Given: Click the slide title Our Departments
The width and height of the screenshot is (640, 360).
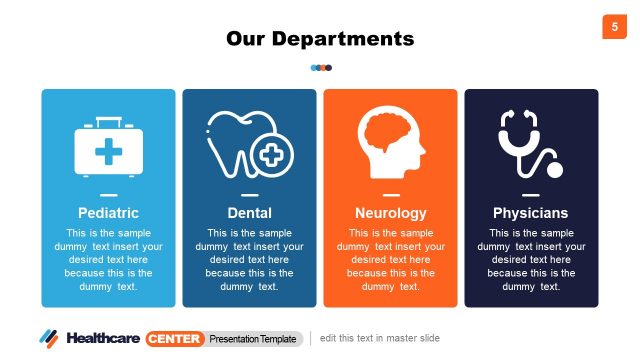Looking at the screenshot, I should pyautogui.click(x=320, y=39).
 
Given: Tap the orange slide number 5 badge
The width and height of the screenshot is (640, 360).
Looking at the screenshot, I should pyautogui.click(x=614, y=27).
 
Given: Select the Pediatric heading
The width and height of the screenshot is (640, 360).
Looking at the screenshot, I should pyautogui.click(x=108, y=213).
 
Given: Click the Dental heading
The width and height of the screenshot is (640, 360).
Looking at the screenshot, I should pyautogui.click(x=250, y=213).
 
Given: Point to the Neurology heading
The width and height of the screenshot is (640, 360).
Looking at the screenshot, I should pyautogui.click(x=390, y=213).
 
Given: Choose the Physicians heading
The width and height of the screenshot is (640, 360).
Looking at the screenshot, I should pyautogui.click(x=530, y=213).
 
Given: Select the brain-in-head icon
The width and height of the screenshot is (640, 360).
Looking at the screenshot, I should pyautogui.click(x=390, y=144).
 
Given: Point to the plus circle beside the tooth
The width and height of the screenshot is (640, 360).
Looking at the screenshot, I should pyautogui.click(x=272, y=156).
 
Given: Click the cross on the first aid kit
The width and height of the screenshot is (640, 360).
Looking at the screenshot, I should pyautogui.click(x=109, y=152).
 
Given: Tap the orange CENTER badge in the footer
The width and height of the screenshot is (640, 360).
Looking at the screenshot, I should pyautogui.click(x=174, y=338).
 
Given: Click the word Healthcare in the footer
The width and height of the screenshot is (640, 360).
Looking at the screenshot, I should pyautogui.click(x=103, y=338).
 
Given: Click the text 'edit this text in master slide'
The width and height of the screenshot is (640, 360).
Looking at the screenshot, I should pyautogui.click(x=380, y=338).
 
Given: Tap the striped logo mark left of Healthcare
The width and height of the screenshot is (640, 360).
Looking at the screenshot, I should pyautogui.click(x=49, y=338).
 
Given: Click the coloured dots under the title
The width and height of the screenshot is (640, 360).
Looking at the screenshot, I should pyautogui.click(x=321, y=68).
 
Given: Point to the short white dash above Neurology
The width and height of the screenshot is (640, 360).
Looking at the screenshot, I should pyautogui.click(x=390, y=194).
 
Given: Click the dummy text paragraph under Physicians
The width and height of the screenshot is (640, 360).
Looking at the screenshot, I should pyautogui.click(x=530, y=259).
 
